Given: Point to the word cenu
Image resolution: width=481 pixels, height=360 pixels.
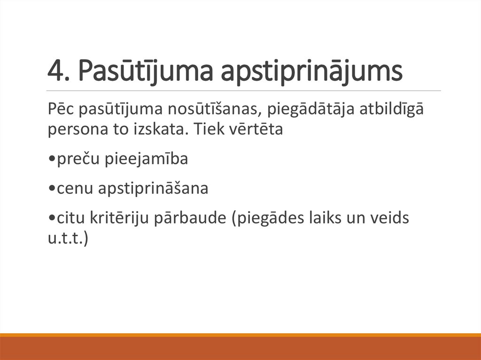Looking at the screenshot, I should [74, 189].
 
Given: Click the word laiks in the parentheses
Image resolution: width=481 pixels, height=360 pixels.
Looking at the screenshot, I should [336, 218].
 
